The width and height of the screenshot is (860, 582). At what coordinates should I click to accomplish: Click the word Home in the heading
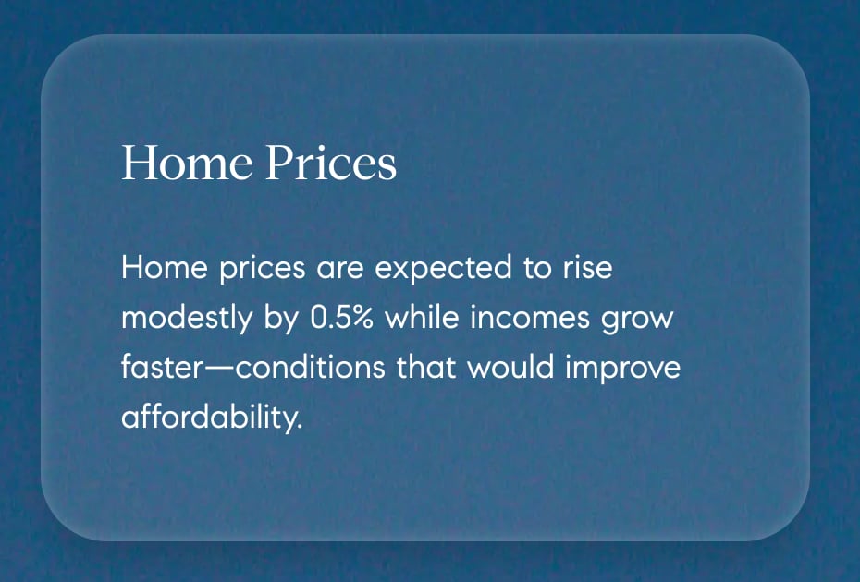tap(187, 163)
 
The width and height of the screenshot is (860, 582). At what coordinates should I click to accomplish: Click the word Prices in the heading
tap(330, 163)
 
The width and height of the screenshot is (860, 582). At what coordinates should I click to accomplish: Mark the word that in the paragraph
tap(427, 368)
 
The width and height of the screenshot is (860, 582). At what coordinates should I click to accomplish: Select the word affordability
tap(212, 418)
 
